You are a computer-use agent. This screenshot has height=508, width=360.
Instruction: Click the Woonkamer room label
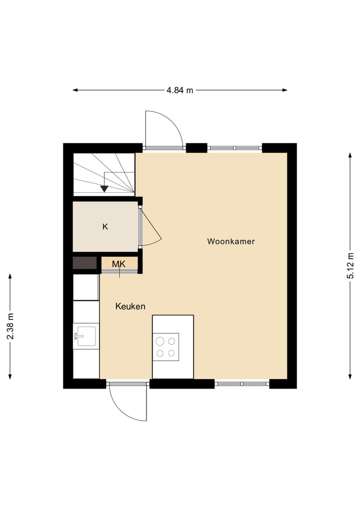point(231,242)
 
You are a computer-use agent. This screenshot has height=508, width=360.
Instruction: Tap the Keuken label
point(130,306)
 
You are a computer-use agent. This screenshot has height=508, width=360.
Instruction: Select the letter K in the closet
point(105,227)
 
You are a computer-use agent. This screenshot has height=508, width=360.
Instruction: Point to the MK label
point(118,264)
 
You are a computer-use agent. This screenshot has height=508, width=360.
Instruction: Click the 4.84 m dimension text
point(180,90)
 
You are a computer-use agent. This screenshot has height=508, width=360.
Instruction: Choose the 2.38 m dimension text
point(10,326)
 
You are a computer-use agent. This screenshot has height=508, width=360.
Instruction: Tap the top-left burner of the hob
point(160,342)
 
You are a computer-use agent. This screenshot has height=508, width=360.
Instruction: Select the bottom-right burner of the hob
point(171,353)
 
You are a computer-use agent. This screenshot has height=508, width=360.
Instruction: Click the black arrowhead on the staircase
point(104,189)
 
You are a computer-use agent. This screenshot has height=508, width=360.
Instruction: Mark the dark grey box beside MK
point(85,263)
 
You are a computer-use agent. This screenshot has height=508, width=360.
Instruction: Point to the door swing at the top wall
point(164,129)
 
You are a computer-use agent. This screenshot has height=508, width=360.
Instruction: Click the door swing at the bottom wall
point(127,403)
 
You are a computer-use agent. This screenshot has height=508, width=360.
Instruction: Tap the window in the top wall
point(235,148)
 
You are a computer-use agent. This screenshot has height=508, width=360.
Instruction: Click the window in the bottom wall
point(242,384)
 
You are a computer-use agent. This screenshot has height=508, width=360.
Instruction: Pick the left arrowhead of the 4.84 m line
point(75,90)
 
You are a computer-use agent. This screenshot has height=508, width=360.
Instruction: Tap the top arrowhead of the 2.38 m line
point(10,276)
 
